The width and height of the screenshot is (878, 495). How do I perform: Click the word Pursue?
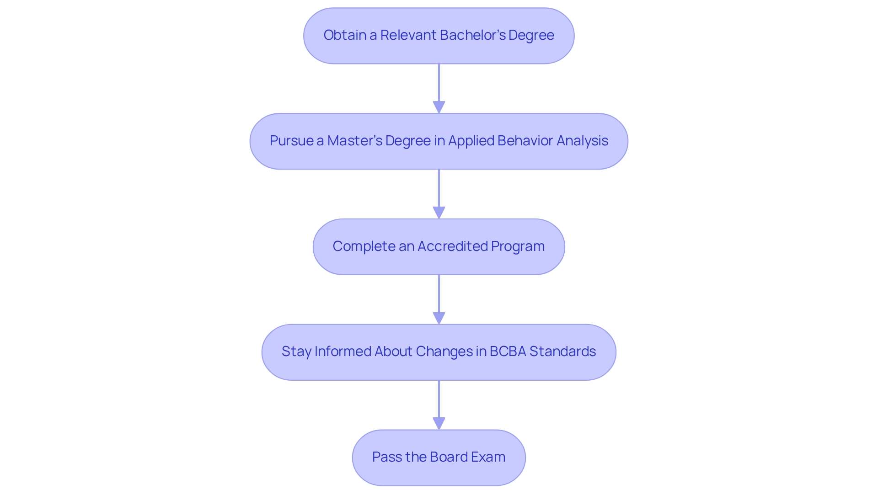(x=291, y=141)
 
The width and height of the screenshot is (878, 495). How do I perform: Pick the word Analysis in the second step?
(x=582, y=141)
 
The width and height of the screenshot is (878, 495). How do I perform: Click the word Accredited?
(x=452, y=246)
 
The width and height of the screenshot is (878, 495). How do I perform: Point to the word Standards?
(x=562, y=351)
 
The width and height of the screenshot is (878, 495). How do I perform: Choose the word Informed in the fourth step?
(x=343, y=351)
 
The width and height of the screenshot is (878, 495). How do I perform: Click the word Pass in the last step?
(x=385, y=457)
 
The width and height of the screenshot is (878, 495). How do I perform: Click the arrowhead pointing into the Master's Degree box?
(x=439, y=107)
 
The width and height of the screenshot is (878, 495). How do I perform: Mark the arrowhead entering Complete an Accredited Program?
(x=439, y=213)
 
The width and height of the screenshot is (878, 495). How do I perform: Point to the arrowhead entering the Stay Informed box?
(x=439, y=318)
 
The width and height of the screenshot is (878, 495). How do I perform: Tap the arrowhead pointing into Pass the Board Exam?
(x=439, y=423)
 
